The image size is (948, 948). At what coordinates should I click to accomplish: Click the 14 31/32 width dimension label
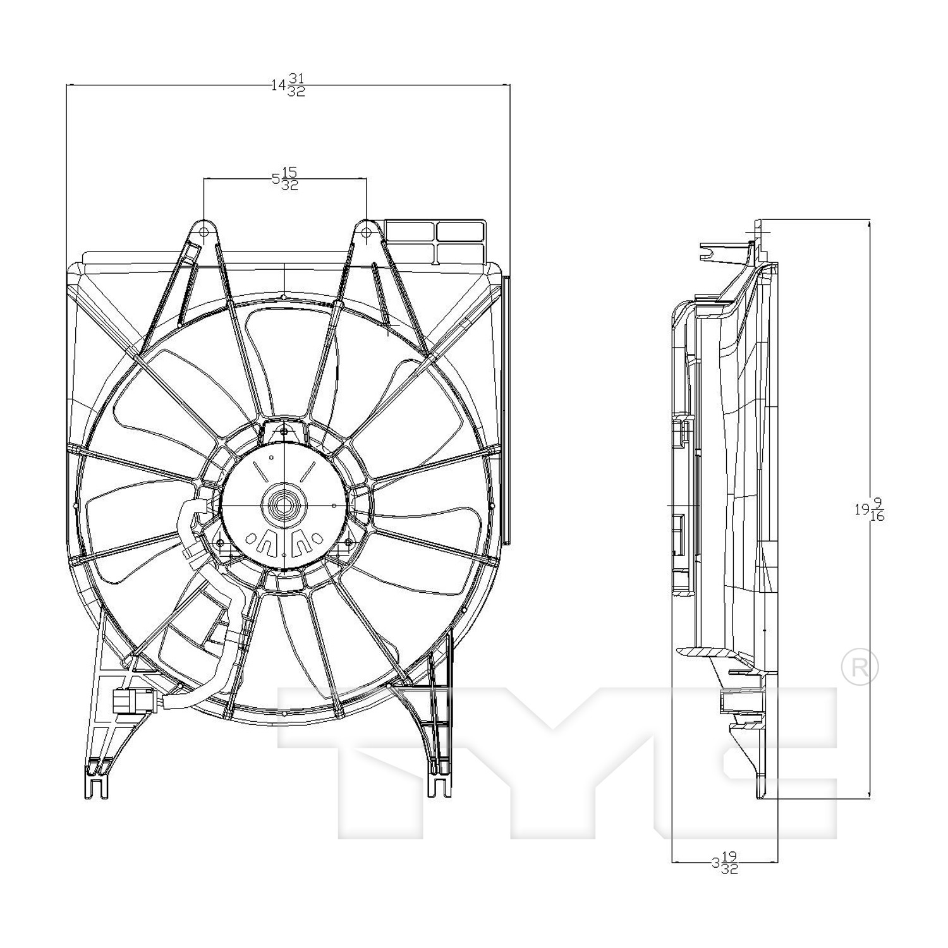pos(288,85)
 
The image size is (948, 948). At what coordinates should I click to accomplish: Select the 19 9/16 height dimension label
pos(868,509)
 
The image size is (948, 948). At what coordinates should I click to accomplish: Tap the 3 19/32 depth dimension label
pos(724,863)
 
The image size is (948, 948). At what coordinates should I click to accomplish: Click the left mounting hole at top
pos(204,232)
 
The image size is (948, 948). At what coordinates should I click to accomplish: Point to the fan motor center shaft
pos(284,505)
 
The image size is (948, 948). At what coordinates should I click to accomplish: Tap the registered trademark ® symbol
pos(860,668)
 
